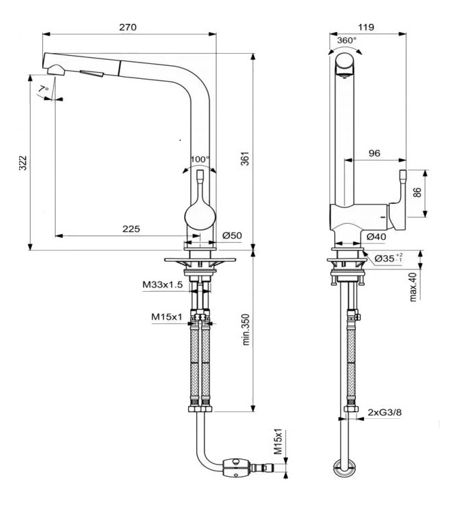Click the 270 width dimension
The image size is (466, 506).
click(x=128, y=27)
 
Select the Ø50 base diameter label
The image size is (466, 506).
click(x=232, y=235)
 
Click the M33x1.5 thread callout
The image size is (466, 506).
click(x=162, y=285)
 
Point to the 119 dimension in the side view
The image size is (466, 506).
click(x=368, y=27)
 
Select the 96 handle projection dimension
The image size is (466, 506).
click(x=374, y=154)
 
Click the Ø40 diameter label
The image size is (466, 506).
click(x=376, y=236)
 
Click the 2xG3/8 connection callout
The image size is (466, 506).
click(x=386, y=413)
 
